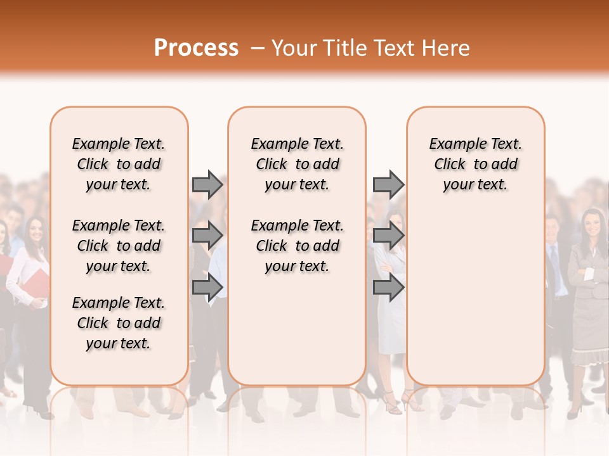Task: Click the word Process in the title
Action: (x=196, y=48)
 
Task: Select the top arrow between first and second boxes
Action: (x=207, y=184)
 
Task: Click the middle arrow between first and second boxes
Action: (x=207, y=236)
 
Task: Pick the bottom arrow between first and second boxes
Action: (x=207, y=287)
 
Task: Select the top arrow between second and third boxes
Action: (x=388, y=184)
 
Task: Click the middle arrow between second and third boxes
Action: (x=388, y=236)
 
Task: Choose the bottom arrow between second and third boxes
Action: (x=388, y=287)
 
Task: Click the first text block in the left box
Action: (x=119, y=164)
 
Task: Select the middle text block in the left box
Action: (x=119, y=246)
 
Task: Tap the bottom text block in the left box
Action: (x=119, y=323)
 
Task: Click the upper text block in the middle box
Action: (x=297, y=164)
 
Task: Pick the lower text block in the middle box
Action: (x=297, y=246)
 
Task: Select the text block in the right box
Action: (x=475, y=164)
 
